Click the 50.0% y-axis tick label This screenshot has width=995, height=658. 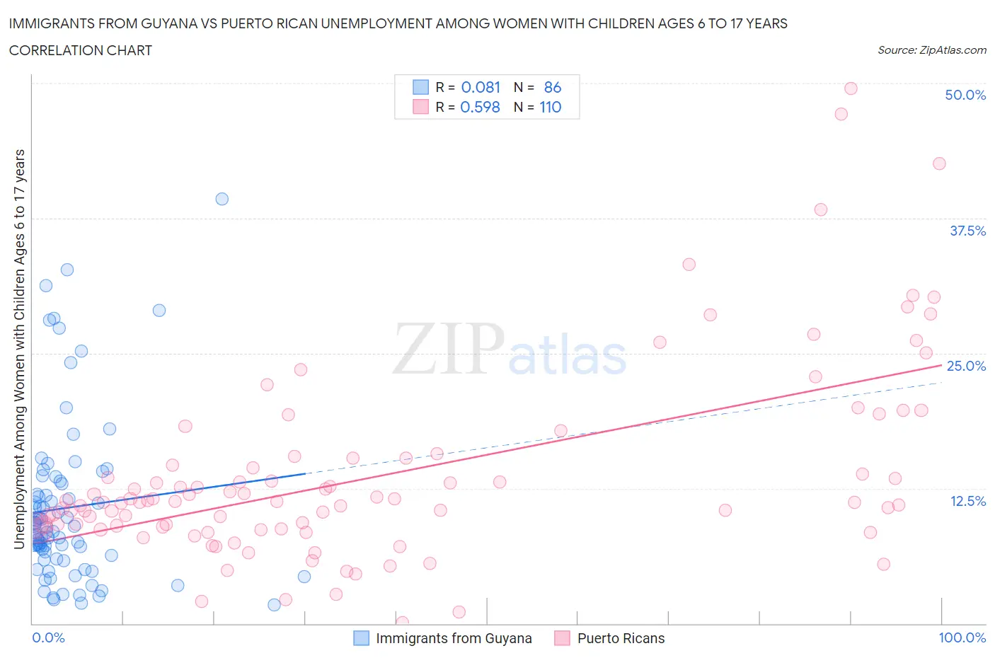[965, 95]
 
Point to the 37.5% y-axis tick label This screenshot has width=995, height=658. [967, 231]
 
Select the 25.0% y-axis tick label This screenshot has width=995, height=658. [966, 366]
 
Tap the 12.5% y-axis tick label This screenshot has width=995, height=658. [967, 501]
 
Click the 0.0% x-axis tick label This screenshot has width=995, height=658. [48, 637]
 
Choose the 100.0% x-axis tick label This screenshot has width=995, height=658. [962, 637]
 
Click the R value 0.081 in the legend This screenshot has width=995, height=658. [481, 87]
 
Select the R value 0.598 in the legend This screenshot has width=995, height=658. [480, 107]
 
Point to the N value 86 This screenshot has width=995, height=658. [552, 87]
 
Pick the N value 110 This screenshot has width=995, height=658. [550, 107]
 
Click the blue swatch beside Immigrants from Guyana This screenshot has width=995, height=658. [361, 638]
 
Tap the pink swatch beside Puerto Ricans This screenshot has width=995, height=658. [563, 638]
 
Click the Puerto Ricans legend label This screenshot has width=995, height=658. [621, 638]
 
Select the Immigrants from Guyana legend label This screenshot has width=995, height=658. [454, 638]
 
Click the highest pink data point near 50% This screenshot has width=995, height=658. [851, 88]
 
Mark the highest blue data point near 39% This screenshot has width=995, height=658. [222, 199]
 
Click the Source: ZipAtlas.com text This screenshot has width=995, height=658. [931, 50]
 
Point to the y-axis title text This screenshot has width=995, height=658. [19, 349]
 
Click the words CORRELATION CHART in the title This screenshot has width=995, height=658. [81, 50]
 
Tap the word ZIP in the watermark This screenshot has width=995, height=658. [448, 349]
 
